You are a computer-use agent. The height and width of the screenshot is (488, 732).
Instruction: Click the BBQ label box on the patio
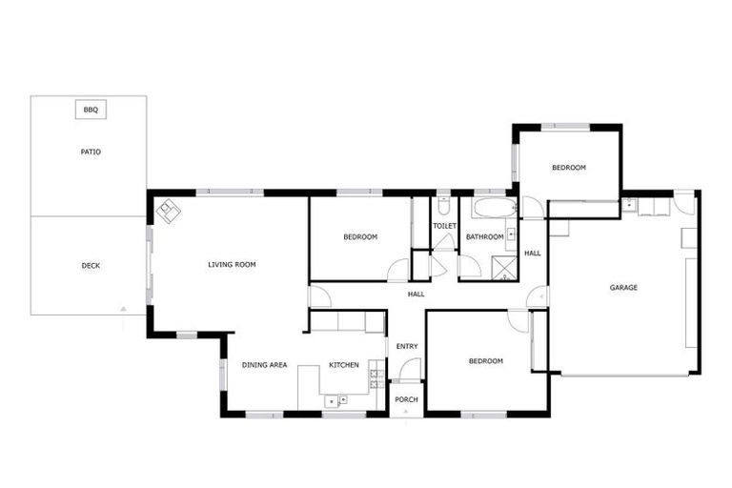[x=91, y=111]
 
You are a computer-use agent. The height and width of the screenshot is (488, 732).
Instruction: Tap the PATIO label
[x=91, y=152]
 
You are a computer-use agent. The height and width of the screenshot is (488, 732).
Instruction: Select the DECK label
[x=91, y=266]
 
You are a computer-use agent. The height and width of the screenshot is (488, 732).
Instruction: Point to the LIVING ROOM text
[x=232, y=264]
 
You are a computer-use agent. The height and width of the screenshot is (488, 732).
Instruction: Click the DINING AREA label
[x=264, y=365]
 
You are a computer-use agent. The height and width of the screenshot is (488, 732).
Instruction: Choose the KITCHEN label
[x=343, y=365]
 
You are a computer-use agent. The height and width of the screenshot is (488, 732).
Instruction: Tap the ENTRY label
[x=407, y=346]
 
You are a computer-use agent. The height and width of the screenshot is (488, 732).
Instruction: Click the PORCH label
[x=407, y=399]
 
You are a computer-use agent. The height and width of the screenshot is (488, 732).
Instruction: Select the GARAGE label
[x=624, y=287]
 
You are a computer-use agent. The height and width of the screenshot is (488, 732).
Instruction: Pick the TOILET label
[x=444, y=226]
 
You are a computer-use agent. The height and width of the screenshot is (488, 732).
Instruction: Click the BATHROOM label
[x=484, y=236]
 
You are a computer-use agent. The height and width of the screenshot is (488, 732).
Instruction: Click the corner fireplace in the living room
[x=169, y=211]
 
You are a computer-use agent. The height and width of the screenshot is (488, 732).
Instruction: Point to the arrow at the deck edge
[x=123, y=309]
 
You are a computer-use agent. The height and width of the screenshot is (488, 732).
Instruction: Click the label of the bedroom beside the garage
[x=569, y=168]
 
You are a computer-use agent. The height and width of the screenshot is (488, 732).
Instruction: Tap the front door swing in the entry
[x=411, y=369]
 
